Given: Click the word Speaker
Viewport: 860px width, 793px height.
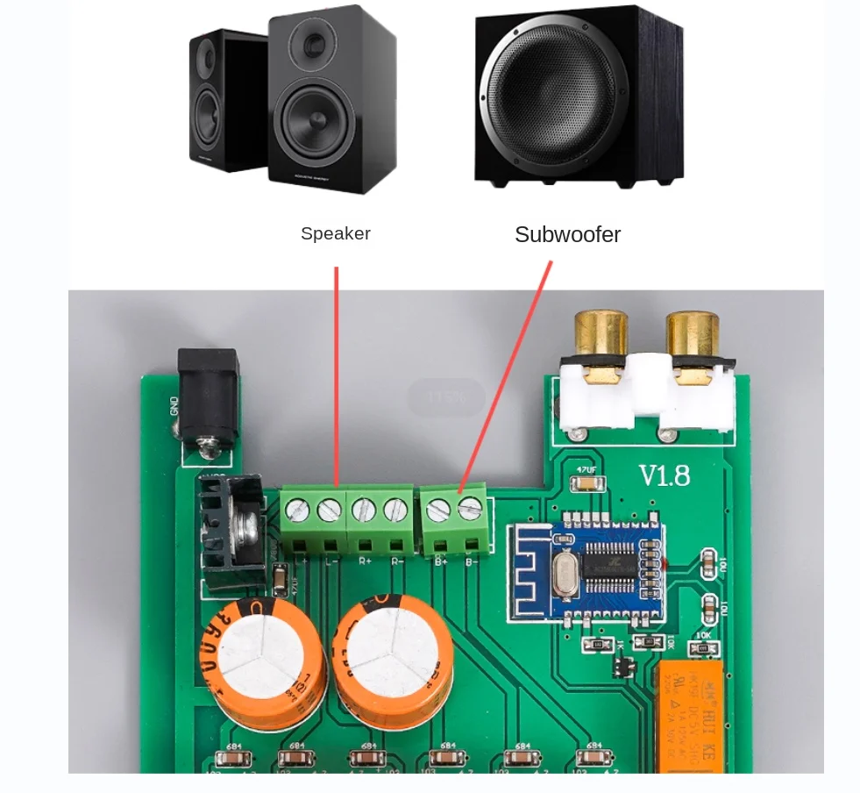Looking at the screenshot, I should [x=335, y=234].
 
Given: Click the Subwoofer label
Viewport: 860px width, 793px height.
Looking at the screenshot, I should [x=567, y=235].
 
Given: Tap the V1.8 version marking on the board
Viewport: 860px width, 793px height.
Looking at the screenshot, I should [x=664, y=476].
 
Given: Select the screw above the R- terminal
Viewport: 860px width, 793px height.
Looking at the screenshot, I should [x=395, y=507].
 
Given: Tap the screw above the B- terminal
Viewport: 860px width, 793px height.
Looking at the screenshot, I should [x=471, y=506].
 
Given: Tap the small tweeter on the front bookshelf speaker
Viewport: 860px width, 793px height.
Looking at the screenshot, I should [x=314, y=40].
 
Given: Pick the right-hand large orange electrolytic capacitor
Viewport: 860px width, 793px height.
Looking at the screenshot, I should [x=394, y=654].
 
